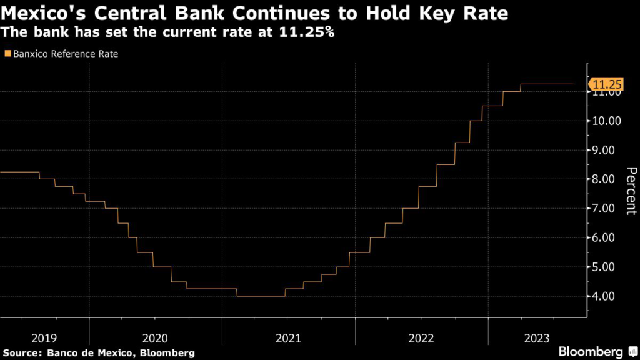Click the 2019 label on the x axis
click(43, 338)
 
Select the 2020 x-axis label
click(155, 338)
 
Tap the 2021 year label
click(288, 338)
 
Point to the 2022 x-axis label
click(421, 338)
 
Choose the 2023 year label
click(537, 338)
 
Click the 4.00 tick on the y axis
click(606, 296)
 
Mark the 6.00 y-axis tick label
click(606, 237)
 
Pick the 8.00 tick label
click(606, 179)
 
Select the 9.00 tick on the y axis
click(606, 150)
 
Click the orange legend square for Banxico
click(7, 54)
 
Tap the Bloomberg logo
click(594, 352)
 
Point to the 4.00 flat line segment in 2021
click(261, 296)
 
